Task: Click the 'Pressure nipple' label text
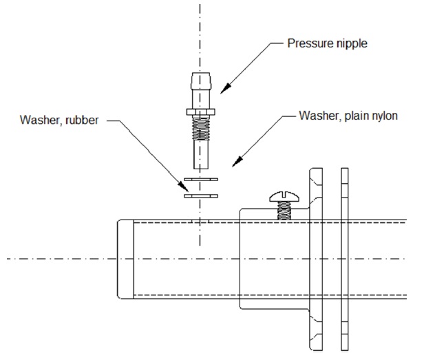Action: (327, 43)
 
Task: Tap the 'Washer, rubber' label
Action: (59, 120)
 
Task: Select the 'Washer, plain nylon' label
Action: (348, 115)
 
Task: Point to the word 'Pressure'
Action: (309, 43)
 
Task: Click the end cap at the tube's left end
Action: (124, 258)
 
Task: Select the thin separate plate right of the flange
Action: (343, 258)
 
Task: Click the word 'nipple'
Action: (350, 43)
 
